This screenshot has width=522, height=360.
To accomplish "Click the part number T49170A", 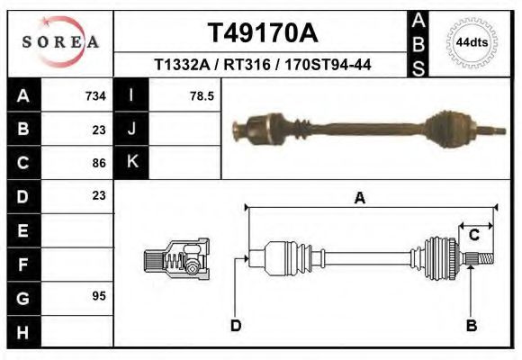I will pos(263,33).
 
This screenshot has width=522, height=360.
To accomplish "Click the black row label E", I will pos(23,230).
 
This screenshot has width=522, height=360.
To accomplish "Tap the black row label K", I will pos(131,162).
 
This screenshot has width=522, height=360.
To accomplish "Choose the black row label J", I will pos(131,130).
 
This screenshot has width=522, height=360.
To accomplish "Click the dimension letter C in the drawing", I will pos(473,236).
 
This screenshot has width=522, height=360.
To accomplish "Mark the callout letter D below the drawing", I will pos(235,326).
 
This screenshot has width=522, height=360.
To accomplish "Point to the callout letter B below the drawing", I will pos(471,326).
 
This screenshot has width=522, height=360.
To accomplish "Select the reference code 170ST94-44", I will pos(328,66).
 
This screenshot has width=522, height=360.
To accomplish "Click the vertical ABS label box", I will pos(418,43).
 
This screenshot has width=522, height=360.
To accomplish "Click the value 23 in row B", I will pos(99,130).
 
